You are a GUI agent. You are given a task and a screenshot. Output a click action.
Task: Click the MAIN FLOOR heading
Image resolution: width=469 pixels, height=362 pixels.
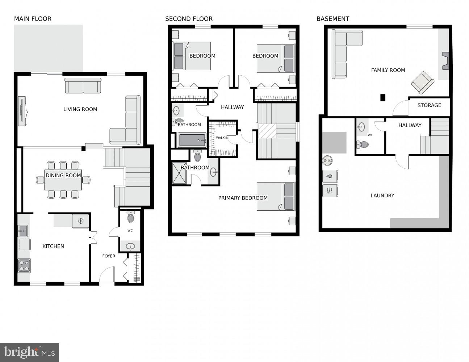(x=33, y=19)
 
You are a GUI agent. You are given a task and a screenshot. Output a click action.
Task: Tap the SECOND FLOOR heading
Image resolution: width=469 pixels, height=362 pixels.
(x=189, y=19)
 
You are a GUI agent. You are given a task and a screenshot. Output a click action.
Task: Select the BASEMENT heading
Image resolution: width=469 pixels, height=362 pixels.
(x=332, y=19)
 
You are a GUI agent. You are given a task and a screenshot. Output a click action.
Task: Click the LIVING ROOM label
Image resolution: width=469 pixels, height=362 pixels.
(x=80, y=109)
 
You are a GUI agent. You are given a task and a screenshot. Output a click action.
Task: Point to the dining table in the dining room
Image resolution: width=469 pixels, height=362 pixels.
(x=63, y=180)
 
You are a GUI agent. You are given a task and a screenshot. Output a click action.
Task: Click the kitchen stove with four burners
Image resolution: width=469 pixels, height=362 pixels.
(x=24, y=265)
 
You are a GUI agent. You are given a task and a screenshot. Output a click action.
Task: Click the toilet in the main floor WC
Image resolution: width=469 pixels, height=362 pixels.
(x=130, y=218)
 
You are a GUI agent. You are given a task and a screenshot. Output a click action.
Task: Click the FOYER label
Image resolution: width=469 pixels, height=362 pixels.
(x=109, y=256)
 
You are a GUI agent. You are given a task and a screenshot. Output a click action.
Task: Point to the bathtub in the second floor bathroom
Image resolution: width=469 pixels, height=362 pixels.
(x=192, y=140)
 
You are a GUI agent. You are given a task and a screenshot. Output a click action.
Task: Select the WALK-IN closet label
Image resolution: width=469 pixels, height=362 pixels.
(x=222, y=138)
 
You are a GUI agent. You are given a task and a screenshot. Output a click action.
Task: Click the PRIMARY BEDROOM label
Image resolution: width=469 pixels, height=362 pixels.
(x=243, y=198)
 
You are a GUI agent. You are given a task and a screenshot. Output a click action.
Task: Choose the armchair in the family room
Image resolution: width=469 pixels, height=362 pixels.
(x=422, y=83)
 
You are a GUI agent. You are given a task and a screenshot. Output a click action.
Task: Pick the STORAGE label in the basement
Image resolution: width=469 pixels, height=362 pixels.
(x=429, y=105)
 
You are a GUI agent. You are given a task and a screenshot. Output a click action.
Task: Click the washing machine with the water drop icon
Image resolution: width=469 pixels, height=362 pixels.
(x=330, y=176)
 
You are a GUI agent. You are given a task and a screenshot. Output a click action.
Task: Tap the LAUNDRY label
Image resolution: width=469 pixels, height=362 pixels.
(x=382, y=195)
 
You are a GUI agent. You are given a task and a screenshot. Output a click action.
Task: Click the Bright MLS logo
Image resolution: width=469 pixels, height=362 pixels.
(x=29, y=352)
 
